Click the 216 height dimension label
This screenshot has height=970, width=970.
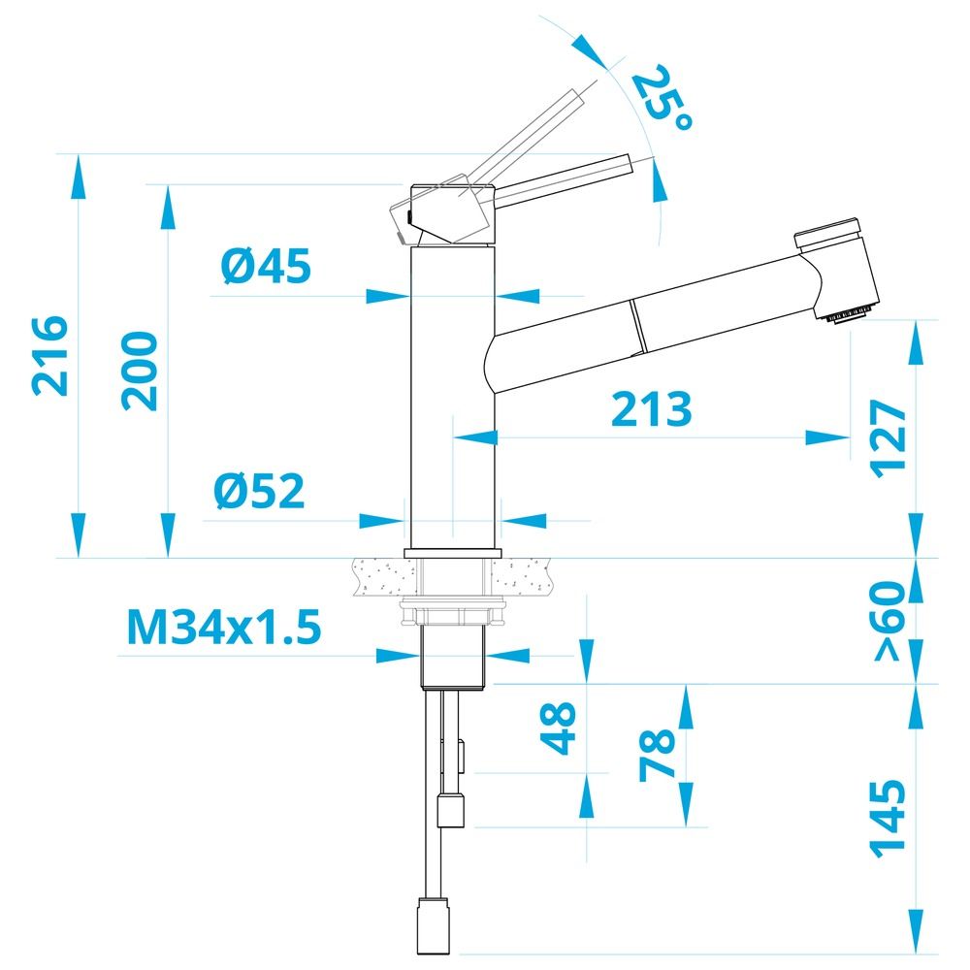[x=49, y=355]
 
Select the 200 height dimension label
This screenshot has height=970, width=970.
[x=139, y=372]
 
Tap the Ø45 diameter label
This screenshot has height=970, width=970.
[x=266, y=267]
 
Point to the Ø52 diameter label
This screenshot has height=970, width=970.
[x=259, y=491]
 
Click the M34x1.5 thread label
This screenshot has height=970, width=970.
[x=224, y=627]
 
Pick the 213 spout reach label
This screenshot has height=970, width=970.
[x=651, y=409]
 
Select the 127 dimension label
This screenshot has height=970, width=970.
[x=889, y=438]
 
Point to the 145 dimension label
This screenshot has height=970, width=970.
[x=889, y=819]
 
